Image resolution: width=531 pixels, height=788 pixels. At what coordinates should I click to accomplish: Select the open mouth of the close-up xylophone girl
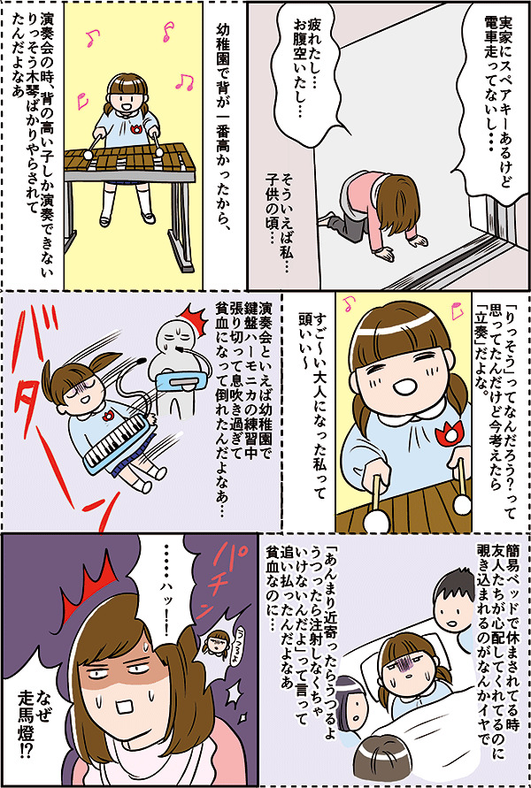[x=405, y=387]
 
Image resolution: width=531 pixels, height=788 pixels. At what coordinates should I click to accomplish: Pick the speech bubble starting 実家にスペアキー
[x=496, y=102]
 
